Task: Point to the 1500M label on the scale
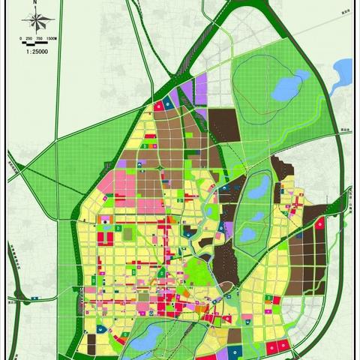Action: (x=52, y=37)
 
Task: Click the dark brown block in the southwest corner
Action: (x=91, y=341)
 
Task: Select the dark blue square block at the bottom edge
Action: (x=235, y=351)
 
